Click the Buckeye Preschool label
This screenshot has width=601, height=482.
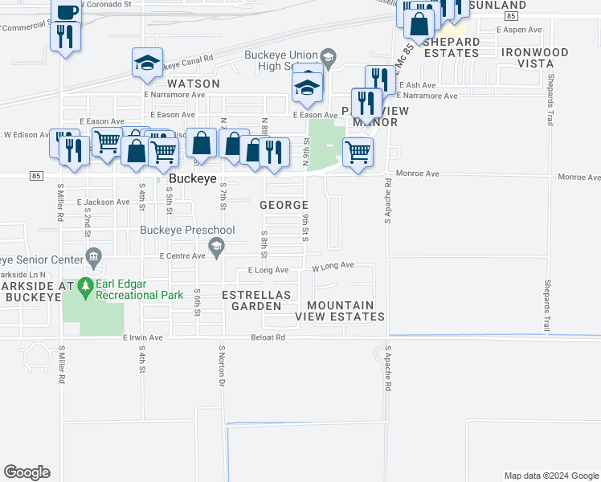187,231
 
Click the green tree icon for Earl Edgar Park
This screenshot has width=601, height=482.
84,286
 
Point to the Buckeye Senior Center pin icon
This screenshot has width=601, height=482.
94,259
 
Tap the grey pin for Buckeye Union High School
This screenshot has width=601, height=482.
327,57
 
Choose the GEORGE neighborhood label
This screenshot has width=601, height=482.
284,206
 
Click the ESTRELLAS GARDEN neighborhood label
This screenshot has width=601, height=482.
256,300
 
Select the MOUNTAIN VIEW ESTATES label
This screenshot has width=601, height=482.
340,311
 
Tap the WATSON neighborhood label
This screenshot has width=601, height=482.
194,84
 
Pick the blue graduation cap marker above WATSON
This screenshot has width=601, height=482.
148,63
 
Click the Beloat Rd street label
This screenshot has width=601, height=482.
268,338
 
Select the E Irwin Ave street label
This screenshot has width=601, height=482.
142,338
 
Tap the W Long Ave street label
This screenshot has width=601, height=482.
333,266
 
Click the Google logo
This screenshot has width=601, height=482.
27,472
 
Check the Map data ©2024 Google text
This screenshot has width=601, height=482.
550,476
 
